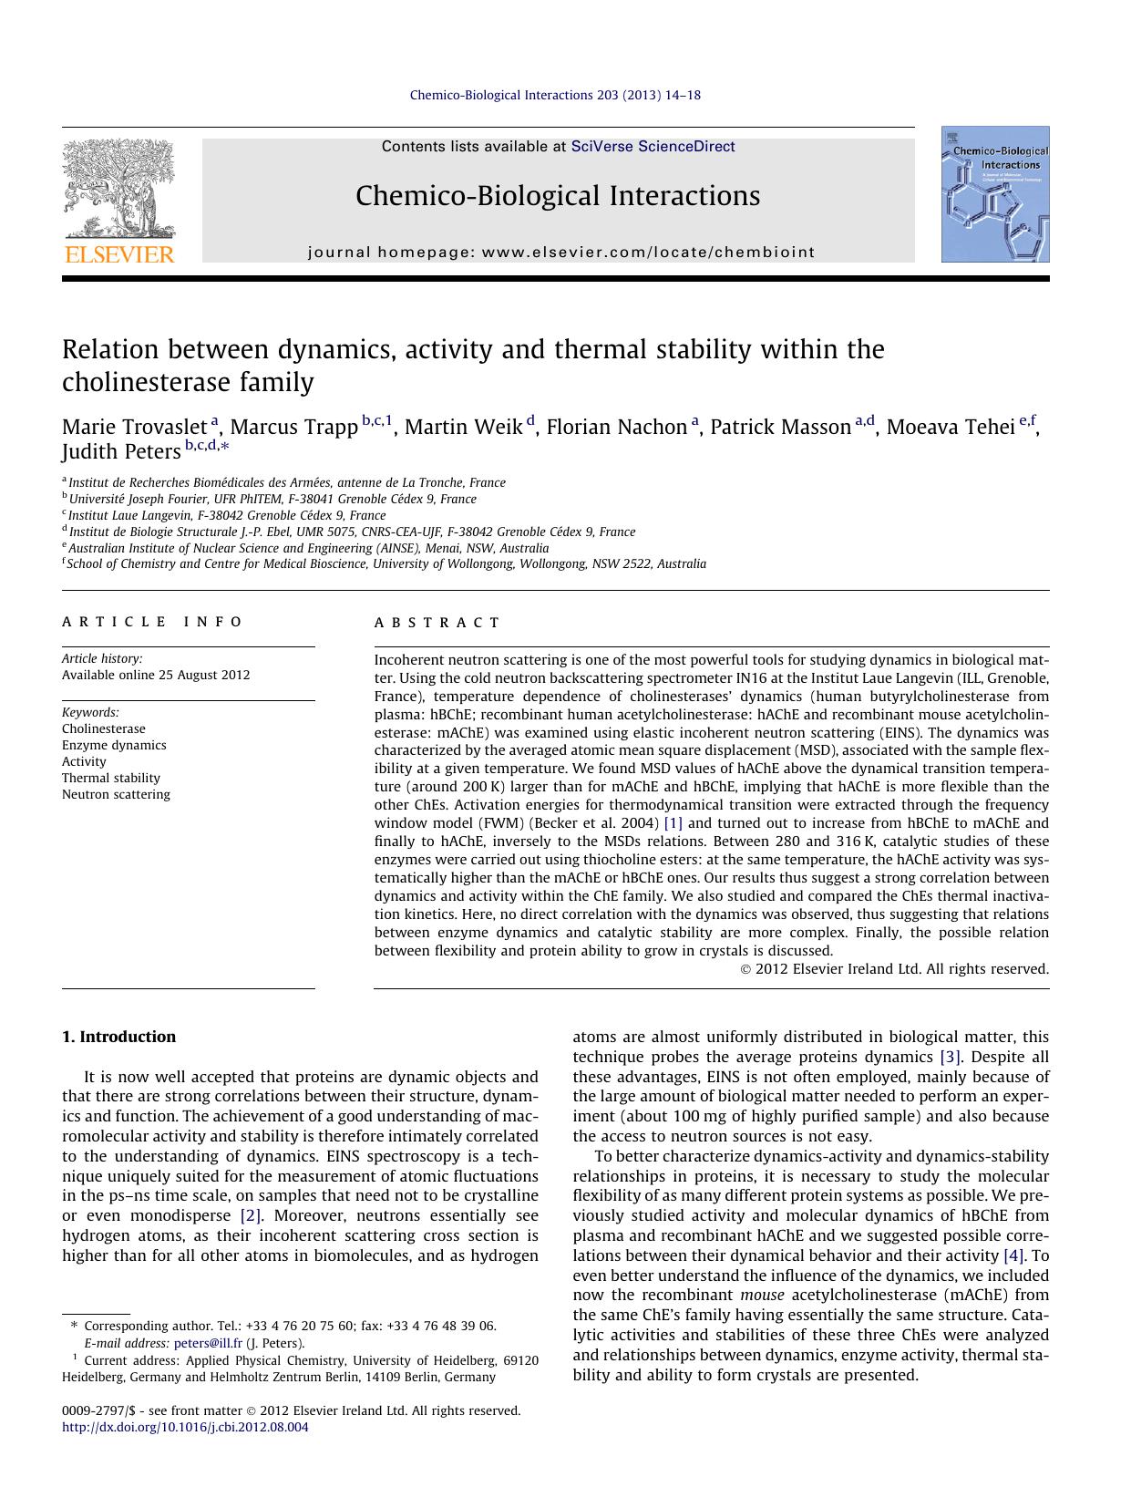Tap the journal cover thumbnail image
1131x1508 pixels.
pyautogui.click(x=995, y=194)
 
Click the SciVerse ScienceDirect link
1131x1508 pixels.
pyautogui.click(x=653, y=147)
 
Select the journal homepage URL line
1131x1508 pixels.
pyautogui.click(x=560, y=253)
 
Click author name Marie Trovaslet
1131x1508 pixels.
pyautogui.click(x=135, y=428)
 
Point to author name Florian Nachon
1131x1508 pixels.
pyautogui.click(x=616, y=428)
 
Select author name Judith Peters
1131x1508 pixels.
pyautogui.click(x=121, y=452)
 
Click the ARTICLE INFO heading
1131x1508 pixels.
pyautogui.click(x=152, y=622)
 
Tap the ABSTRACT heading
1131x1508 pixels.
pyautogui.click(x=437, y=623)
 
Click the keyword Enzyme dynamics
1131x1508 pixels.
pyautogui.click(x=114, y=745)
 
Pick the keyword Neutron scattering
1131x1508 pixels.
pyautogui.click(x=116, y=794)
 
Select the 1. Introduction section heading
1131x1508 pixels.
pyautogui.click(x=118, y=1037)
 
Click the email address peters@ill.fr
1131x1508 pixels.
pyautogui.click(x=209, y=1343)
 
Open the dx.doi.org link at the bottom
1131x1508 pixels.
pyautogui.click(x=185, y=1428)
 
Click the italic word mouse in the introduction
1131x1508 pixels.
pyautogui.click(x=763, y=1295)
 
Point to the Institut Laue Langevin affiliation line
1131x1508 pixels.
pyautogui.click(x=227, y=515)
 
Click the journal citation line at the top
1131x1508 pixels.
pyautogui.click(x=555, y=95)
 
